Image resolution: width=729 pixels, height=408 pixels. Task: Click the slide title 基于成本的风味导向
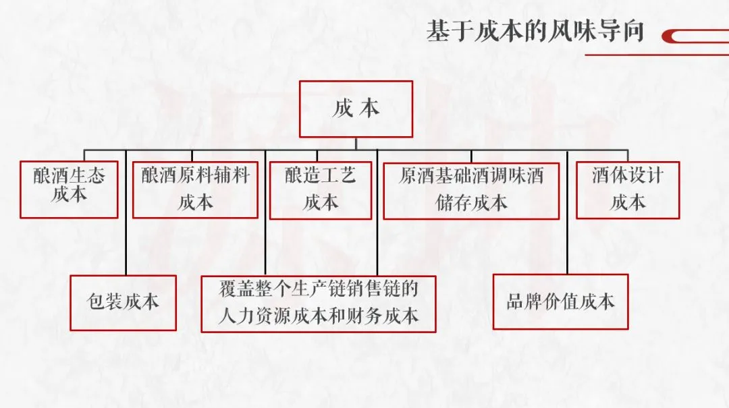tap(535, 31)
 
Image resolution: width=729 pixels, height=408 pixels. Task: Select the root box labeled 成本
tap(356, 109)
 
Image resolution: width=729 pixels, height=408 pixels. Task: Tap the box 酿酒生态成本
tap(69, 189)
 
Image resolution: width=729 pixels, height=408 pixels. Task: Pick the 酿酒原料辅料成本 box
tap(195, 190)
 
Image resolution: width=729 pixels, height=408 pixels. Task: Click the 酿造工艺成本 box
tap(320, 190)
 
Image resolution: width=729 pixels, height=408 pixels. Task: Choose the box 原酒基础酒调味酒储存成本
tap(471, 190)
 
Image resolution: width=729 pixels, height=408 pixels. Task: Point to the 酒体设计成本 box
tap(627, 190)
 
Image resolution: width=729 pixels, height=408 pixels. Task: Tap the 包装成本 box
tap(123, 302)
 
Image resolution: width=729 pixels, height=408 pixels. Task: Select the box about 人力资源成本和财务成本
tap(318, 303)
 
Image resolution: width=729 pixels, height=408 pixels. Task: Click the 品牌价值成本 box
tap(560, 301)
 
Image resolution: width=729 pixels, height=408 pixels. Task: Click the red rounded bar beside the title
tap(695, 36)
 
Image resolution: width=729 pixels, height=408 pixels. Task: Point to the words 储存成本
tap(471, 202)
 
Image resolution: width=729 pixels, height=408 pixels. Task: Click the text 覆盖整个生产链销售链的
tap(318, 290)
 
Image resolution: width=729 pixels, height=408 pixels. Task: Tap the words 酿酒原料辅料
tap(195, 177)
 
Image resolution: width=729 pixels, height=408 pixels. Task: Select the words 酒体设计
tap(627, 176)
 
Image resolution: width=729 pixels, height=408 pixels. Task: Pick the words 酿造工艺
tap(320, 177)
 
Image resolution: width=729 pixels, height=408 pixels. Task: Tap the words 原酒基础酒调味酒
tap(471, 177)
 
